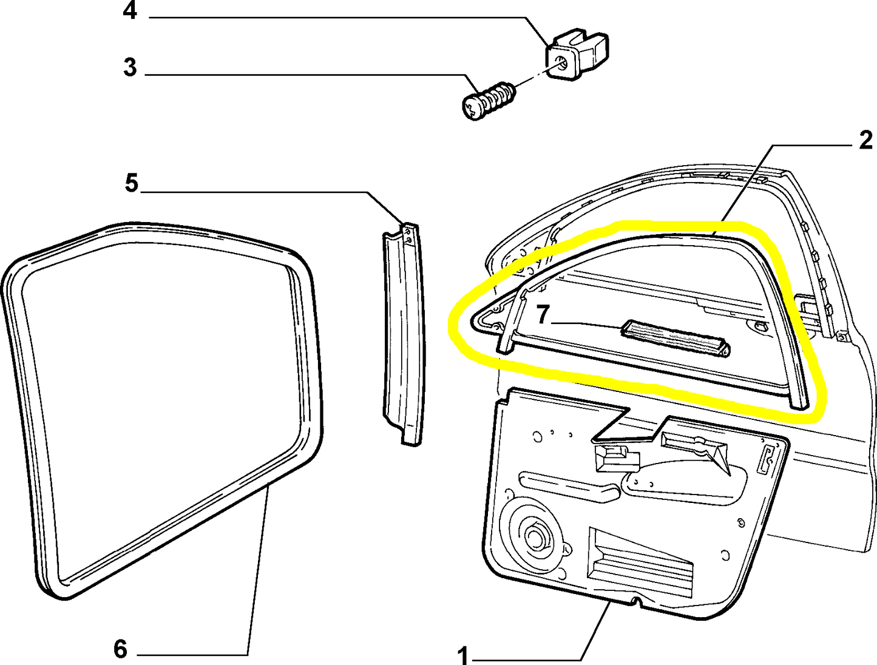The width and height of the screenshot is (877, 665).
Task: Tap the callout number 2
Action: pyautogui.click(x=865, y=141)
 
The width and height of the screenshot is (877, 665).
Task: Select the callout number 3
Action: pyautogui.click(x=130, y=67)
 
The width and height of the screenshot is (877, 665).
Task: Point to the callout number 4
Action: pyautogui.click(x=130, y=10)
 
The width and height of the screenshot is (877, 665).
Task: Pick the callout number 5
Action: pyautogui.click(x=132, y=183)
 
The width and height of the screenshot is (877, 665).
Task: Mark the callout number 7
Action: pyautogui.click(x=542, y=314)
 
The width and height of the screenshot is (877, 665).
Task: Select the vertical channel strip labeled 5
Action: pyautogui.click(x=403, y=334)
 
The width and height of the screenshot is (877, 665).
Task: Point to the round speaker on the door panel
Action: pyautogui.click(x=534, y=535)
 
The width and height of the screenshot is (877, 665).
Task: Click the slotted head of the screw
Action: pyautogui.click(x=474, y=109)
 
